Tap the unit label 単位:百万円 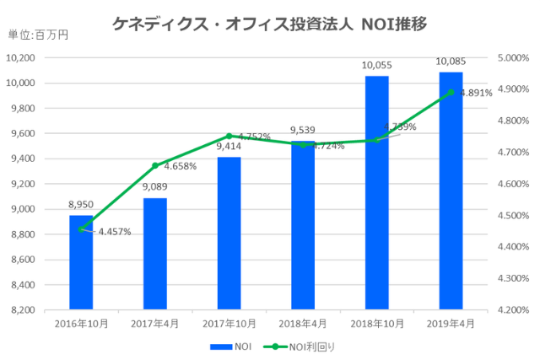coord(38,35)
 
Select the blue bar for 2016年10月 coord(81,262)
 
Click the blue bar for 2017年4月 coord(154,254)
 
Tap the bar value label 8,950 coord(81,205)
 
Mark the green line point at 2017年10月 coord(229,136)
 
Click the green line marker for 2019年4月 coord(451,92)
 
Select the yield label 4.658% coord(180,166)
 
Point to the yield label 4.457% coord(114,232)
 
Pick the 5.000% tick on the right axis coord(512,57)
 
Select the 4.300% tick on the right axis coord(512,278)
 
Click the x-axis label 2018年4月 coord(303,324)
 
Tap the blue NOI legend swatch coord(220,346)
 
